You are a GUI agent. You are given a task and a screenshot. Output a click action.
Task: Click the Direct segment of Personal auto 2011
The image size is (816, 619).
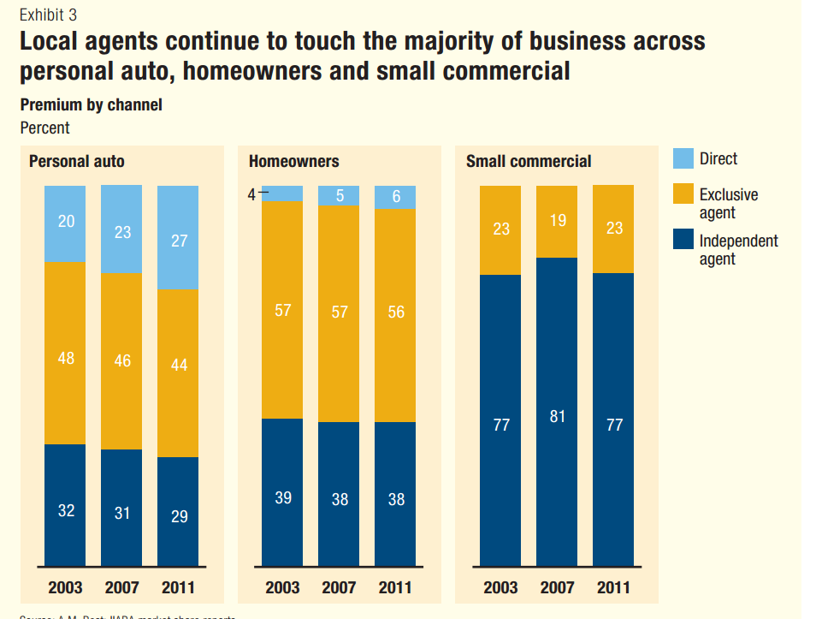178,237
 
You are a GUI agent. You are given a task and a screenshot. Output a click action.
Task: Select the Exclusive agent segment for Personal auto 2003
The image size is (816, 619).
66,352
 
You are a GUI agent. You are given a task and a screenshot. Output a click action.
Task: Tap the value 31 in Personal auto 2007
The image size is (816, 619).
122,513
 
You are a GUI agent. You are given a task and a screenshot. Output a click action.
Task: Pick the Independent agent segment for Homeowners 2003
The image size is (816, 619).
282,492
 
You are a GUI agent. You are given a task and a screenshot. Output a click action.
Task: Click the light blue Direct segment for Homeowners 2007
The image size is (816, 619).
340,195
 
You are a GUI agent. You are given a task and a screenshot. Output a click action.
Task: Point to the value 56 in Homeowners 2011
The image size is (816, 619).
396,312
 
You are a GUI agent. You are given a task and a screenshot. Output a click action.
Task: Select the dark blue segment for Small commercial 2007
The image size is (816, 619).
557,411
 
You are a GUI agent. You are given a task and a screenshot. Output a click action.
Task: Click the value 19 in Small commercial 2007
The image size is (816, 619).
557,221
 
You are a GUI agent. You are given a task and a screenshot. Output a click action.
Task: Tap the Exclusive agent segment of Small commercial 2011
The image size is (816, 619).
613,229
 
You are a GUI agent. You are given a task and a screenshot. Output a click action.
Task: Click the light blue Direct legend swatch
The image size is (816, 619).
683,158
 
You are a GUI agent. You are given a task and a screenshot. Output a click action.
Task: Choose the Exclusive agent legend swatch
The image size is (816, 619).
683,195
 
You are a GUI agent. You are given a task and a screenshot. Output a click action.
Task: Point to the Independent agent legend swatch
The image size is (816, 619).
683,241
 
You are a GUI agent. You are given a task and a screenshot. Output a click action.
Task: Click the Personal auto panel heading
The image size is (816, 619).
77,161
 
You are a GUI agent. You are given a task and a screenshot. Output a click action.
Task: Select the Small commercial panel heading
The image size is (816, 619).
528,161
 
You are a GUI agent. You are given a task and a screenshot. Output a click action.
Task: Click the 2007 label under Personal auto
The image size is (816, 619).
122,587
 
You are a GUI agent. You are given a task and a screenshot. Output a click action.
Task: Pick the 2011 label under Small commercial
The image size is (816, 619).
613,587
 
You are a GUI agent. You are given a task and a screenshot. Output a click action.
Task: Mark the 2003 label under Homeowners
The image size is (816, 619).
282,587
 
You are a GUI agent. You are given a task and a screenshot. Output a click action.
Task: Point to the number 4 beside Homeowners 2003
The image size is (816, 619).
251,194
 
